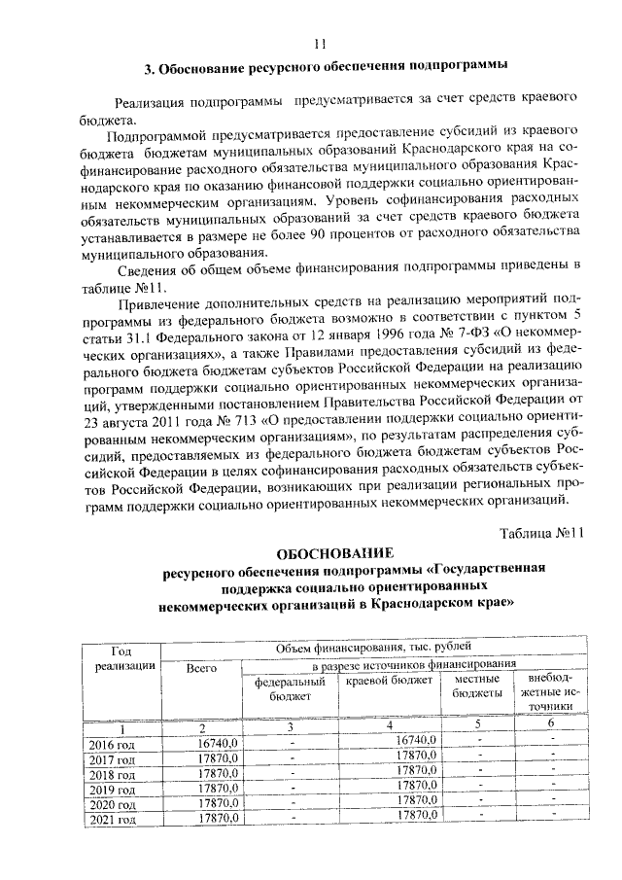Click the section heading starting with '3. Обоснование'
[x=326, y=68]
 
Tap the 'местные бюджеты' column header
[x=477, y=685]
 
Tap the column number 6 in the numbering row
[x=549, y=723]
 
